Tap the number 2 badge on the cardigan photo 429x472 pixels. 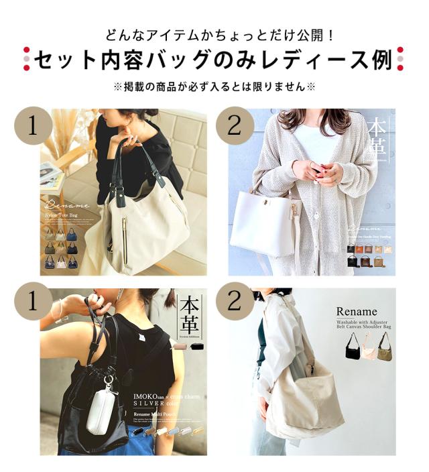[234, 125]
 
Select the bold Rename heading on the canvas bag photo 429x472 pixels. [357, 312]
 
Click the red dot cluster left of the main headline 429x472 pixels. [26, 59]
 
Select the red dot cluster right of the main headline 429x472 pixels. [400, 59]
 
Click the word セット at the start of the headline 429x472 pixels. [61, 60]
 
